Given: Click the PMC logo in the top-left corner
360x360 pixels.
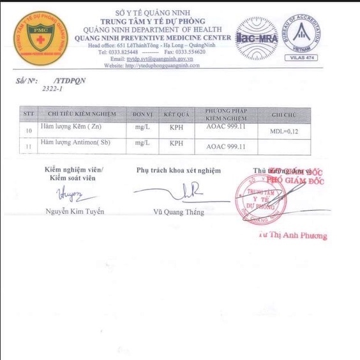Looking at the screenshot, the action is click(40, 36).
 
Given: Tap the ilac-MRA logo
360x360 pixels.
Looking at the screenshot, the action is click(257, 38).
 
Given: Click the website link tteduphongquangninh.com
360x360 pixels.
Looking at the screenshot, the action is click(162, 65).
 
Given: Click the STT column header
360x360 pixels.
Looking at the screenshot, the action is click(28, 114).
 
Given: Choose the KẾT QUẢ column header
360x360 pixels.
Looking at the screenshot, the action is click(177, 114).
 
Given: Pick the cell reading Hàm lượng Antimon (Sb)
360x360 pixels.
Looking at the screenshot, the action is click(75, 142).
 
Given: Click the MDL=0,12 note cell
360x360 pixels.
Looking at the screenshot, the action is click(285, 131).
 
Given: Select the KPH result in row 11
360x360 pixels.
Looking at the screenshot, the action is click(177, 143).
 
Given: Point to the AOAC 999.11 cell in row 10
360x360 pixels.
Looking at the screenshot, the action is click(227, 129).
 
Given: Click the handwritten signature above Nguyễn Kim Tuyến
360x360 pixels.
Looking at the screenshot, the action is click(68, 193).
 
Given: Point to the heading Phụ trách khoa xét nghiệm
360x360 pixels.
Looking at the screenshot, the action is click(178, 170).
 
